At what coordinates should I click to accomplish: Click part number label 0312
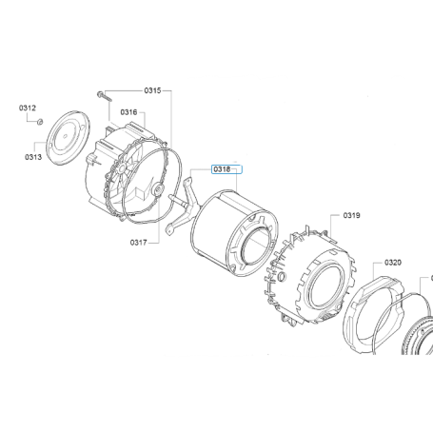click(28, 108)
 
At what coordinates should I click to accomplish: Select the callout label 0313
click(33, 157)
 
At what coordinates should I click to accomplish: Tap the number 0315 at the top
click(152, 90)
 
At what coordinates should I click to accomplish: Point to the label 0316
click(128, 112)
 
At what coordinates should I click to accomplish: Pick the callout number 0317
click(139, 243)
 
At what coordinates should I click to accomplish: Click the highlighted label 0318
click(222, 169)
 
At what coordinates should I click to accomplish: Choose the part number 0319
click(351, 216)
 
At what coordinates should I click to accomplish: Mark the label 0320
click(393, 263)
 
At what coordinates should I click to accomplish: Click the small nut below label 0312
click(40, 122)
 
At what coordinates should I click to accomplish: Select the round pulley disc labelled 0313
click(69, 138)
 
